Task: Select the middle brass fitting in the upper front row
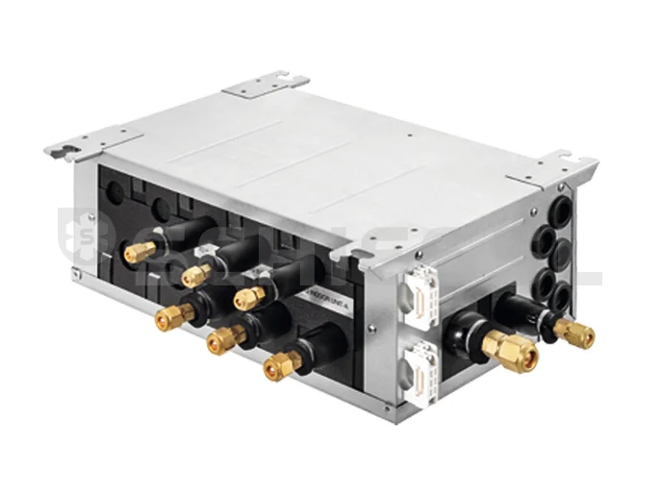coord(195,276)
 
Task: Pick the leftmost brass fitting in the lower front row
coord(174,314)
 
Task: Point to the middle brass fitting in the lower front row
coord(226,337)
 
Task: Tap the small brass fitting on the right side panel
coord(574,333)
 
